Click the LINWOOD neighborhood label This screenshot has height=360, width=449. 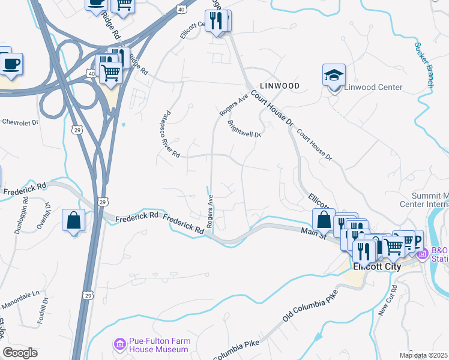[280, 86]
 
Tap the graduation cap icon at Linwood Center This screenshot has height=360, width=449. [334, 76]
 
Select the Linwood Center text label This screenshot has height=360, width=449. [373, 87]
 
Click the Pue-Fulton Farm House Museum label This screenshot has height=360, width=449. [160, 345]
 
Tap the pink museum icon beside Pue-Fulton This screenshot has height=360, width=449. [119, 344]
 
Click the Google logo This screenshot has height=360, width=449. [20, 353]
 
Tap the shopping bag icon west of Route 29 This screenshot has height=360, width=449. [73, 220]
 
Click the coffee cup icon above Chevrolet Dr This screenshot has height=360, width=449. [11, 63]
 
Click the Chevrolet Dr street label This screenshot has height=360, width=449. [21, 122]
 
